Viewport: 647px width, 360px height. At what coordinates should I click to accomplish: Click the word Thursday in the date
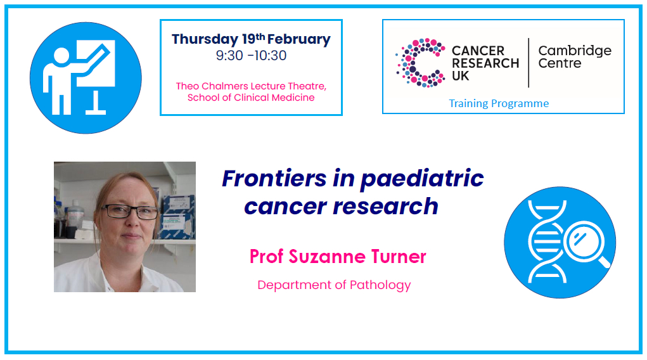205,40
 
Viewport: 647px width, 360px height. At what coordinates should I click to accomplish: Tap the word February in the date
298,39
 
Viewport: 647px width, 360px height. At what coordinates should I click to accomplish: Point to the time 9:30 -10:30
251,55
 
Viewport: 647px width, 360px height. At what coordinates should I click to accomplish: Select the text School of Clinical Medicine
251,98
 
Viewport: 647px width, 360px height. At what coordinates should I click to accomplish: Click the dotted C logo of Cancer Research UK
420,62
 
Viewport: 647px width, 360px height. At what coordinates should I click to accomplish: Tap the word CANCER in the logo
478,51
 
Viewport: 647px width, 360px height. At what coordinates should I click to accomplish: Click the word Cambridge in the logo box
575,51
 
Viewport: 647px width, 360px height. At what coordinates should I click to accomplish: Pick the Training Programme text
499,103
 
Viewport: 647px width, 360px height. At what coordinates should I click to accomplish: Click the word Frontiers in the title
274,178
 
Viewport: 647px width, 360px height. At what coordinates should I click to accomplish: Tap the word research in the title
385,207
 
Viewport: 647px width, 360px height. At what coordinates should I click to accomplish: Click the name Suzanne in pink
327,257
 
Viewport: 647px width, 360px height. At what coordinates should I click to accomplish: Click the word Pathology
380,285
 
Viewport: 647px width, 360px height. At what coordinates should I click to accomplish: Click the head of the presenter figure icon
61,56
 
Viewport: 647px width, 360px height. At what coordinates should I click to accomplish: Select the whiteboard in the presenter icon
96,63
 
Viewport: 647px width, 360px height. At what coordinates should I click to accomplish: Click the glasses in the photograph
130,212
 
